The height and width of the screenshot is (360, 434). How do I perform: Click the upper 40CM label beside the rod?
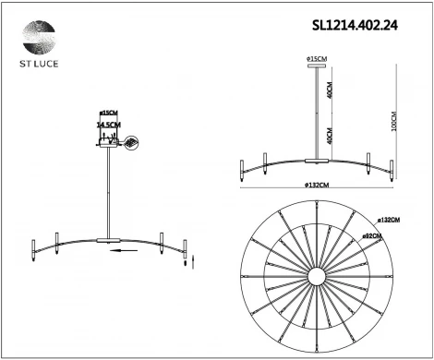click(x=330, y=92)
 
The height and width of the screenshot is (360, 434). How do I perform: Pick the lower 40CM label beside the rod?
click(x=330, y=136)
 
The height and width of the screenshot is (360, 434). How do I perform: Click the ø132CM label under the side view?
click(x=319, y=186)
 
